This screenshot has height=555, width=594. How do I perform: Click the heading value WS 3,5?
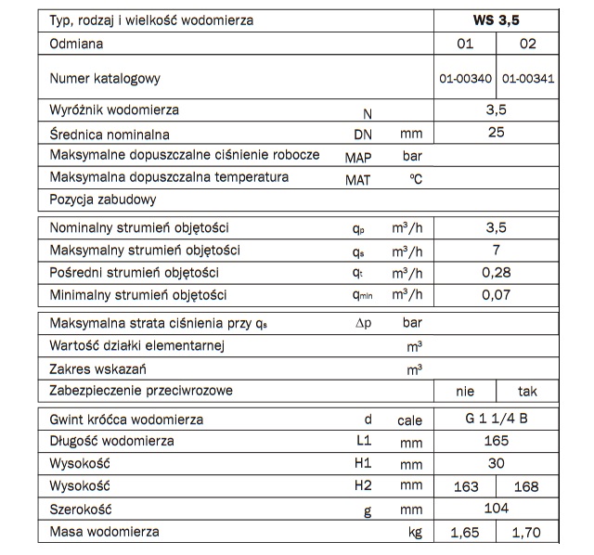(496, 19)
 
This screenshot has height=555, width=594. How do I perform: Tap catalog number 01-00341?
(527, 79)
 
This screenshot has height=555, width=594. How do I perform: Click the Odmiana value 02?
(526, 44)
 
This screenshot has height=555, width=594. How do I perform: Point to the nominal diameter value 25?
(496, 133)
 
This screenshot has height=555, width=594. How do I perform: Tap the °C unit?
(415, 179)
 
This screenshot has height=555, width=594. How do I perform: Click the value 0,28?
(496, 273)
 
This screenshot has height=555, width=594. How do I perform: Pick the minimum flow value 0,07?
(496, 296)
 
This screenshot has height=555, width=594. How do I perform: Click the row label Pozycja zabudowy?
(103, 200)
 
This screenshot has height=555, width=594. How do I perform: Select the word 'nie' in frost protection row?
(466, 392)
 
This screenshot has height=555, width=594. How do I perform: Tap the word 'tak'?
(527, 392)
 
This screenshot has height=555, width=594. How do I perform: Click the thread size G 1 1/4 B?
(496, 419)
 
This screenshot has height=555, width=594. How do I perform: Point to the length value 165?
(496, 441)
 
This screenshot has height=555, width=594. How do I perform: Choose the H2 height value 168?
(527, 486)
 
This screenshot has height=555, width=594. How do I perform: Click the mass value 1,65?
(466, 533)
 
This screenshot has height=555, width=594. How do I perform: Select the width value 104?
(496, 510)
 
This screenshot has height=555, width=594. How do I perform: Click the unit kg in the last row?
(415, 533)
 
